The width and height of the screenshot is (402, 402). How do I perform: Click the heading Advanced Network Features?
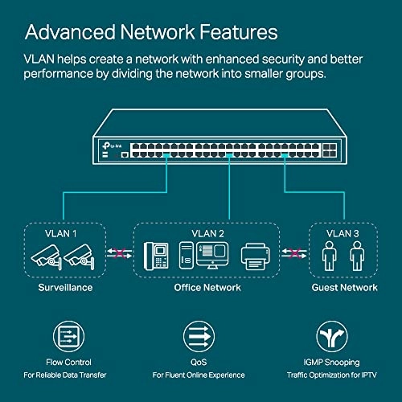point(152,31)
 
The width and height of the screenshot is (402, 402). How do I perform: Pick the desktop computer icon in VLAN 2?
point(197,256)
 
